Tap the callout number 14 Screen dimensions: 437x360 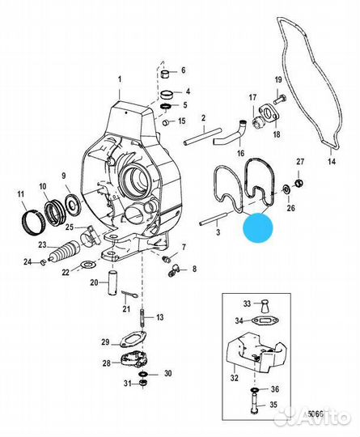pyautogui.click(x=330, y=162)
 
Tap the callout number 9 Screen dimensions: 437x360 pyautogui.click(x=64, y=176)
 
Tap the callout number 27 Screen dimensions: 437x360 pyautogui.click(x=299, y=163)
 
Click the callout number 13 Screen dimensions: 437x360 pyautogui.click(x=159, y=317)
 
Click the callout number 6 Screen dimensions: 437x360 pyautogui.click(x=183, y=71)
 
